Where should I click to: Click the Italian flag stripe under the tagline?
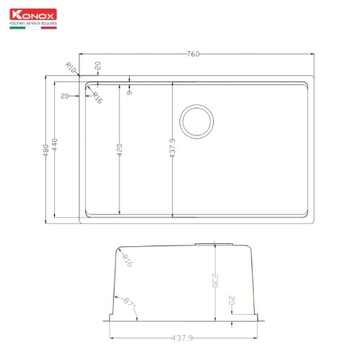pos(34,28)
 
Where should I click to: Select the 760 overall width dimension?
pos(197,53)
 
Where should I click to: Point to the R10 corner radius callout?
pos(72,67)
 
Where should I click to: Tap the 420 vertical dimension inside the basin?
pos(119,151)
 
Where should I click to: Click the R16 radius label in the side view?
pos(127,260)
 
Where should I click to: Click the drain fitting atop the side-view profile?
pos(215,244)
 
